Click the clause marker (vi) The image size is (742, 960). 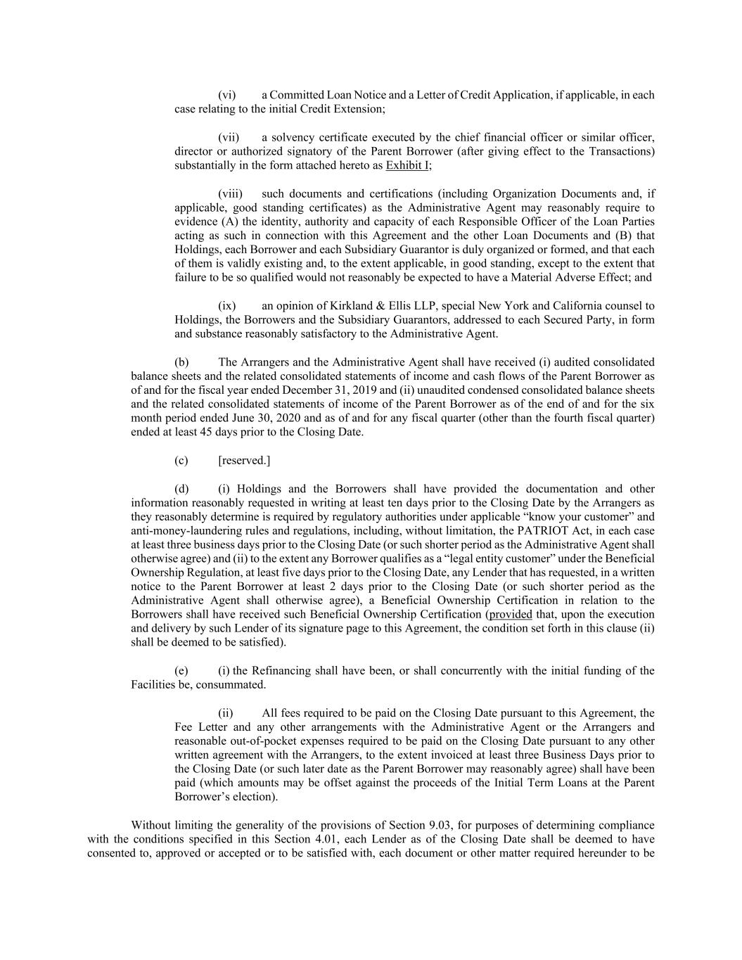[226, 95]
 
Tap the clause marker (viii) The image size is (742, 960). [230, 193]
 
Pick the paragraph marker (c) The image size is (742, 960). [181, 461]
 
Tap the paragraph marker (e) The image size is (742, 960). [181, 670]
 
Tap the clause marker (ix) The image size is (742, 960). [226, 306]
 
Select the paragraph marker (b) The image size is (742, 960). [181, 362]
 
